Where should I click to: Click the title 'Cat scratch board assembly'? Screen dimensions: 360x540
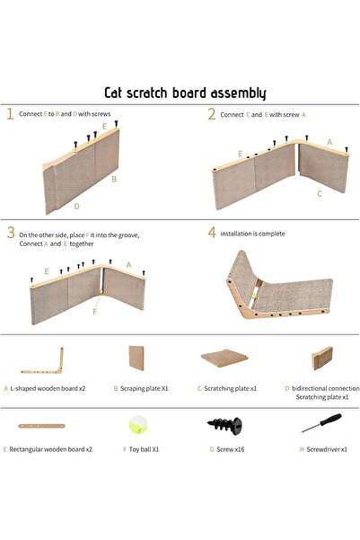coord(185,93)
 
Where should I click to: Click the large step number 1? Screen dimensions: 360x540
coord(10,114)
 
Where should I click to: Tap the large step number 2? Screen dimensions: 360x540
coord(212,114)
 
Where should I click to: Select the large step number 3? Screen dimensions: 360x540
coord(11,233)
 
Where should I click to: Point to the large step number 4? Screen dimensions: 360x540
coord(212,233)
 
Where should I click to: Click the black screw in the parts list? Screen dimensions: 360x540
coord(224,425)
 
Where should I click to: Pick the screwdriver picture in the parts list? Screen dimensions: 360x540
coord(321,422)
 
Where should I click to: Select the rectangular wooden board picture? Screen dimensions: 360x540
coord(41,426)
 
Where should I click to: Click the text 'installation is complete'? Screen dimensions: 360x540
coord(252,234)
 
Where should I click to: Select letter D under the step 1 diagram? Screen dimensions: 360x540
coord(76,207)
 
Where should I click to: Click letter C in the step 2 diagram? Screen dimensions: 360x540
coord(320,194)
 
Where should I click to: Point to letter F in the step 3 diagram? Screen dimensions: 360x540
coord(95,312)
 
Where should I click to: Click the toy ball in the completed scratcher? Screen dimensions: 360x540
coord(254,296)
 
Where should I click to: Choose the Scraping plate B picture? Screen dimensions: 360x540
coord(136,359)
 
